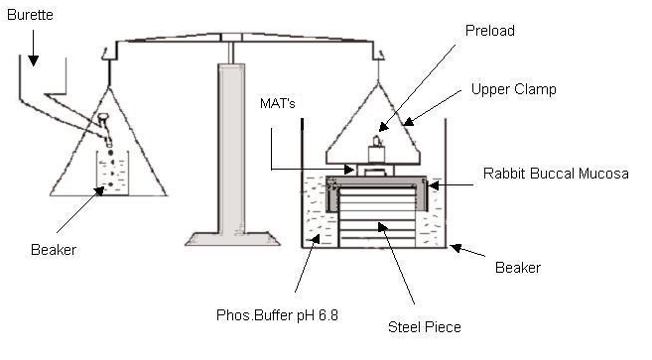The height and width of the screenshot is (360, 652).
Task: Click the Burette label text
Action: (30, 15)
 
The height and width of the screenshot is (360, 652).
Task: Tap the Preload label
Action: (490, 31)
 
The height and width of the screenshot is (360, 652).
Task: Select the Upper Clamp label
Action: (513, 89)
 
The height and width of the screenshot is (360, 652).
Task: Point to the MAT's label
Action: (277, 103)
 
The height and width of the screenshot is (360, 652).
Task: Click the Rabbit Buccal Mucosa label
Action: (556, 174)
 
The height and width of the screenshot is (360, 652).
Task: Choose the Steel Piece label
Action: (424, 327)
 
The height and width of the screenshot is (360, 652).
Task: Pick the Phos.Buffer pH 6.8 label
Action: (277, 315)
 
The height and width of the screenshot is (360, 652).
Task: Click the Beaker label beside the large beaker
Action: (518, 268)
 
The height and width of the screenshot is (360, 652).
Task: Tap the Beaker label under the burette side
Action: (54, 250)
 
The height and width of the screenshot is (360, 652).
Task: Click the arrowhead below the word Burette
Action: (34, 60)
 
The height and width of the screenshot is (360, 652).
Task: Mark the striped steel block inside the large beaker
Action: (377, 217)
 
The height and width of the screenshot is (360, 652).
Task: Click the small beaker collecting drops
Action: (112, 173)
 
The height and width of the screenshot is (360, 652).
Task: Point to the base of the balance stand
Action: (232, 239)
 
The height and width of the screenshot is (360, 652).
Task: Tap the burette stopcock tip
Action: (108, 143)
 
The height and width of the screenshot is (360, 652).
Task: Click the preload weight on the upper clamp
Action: (377, 151)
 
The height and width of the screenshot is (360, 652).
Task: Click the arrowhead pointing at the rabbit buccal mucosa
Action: (433, 185)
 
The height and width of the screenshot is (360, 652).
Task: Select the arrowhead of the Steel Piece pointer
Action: (382, 227)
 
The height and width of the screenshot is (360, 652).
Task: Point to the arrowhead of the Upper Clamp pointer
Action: (409, 122)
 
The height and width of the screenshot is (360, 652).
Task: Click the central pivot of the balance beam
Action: (231, 38)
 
